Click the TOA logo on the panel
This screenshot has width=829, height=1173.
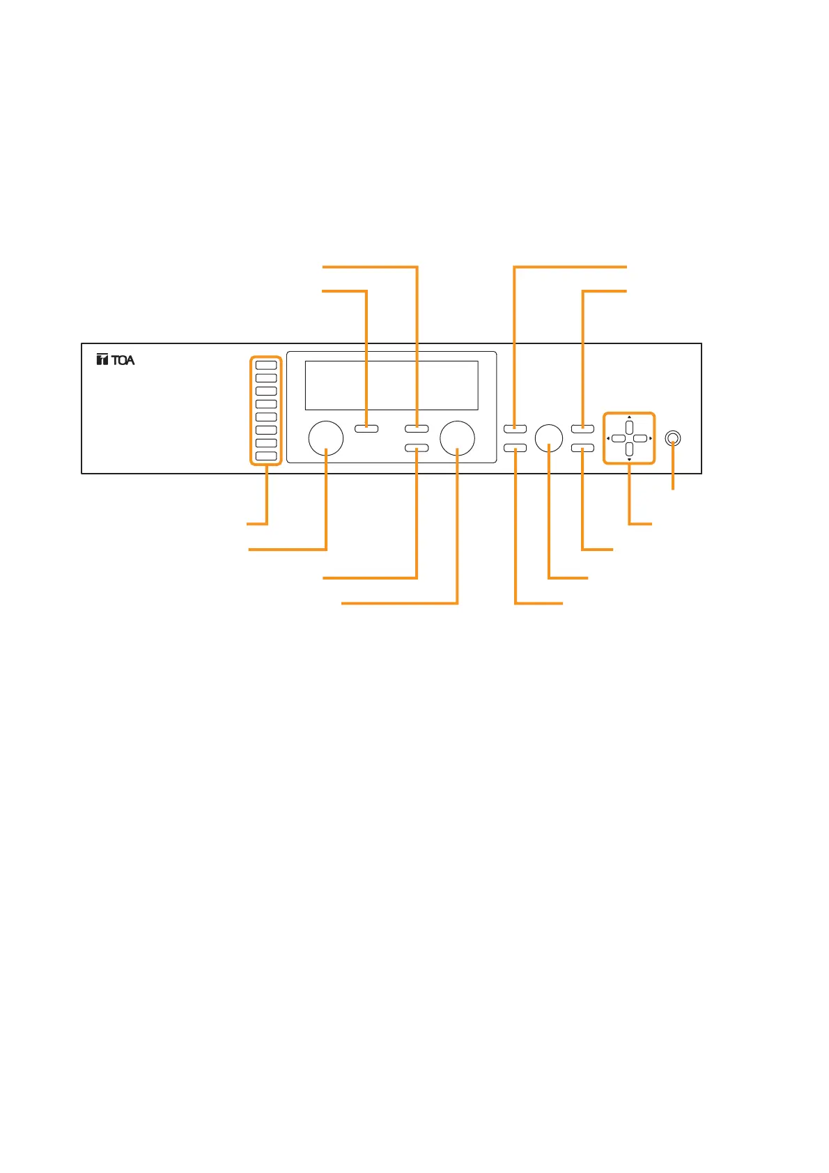[x=116, y=360]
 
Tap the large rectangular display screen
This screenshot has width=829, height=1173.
[x=392, y=385]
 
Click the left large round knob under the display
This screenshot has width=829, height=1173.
[x=326, y=438]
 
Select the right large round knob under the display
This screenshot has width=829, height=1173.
[x=458, y=438]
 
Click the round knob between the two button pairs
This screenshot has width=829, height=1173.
[x=549, y=437]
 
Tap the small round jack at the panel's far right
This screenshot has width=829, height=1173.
[x=672, y=438]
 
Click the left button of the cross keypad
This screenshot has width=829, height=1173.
[x=618, y=439]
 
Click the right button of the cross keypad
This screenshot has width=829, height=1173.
[x=641, y=439]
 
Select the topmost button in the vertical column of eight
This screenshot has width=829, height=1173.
[x=266, y=365]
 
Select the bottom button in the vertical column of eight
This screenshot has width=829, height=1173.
[x=266, y=456]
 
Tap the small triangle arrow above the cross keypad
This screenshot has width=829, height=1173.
[x=630, y=418]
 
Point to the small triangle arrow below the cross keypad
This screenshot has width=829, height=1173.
[x=630, y=460]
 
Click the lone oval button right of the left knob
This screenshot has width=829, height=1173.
[x=366, y=428]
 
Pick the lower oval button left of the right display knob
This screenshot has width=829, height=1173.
[x=417, y=448]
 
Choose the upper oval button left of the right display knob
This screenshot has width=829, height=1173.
[x=417, y=428]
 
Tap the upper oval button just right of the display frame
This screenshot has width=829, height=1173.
[x=515, y=428]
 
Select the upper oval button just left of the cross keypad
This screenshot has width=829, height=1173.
[x=582, y=428]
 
